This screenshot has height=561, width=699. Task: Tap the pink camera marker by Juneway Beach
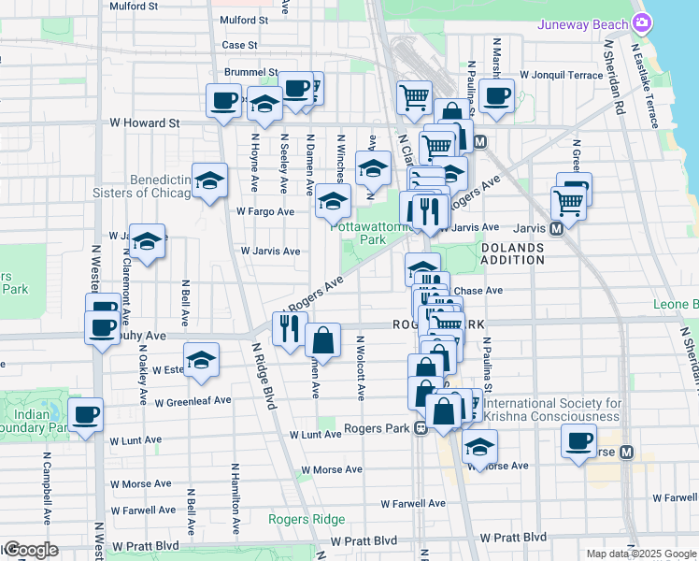coord(641,22)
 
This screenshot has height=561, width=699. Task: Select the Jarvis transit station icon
coord(555,227)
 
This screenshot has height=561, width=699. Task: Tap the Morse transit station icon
coord(626,452)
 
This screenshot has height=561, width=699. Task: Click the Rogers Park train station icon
coord(421,429)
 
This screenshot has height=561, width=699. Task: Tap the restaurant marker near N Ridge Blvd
coord(289,327)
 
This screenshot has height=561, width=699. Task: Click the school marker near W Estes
coord(201,360)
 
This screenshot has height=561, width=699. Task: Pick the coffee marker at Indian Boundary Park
coord(86,414)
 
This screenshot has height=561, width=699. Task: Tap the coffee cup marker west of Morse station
coord(578,439)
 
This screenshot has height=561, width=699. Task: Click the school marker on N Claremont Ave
coord(148,241)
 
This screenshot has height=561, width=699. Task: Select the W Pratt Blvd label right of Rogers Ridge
coord(512,538)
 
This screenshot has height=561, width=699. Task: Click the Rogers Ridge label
coord(307,520)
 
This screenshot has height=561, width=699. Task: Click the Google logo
coord(30,550)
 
